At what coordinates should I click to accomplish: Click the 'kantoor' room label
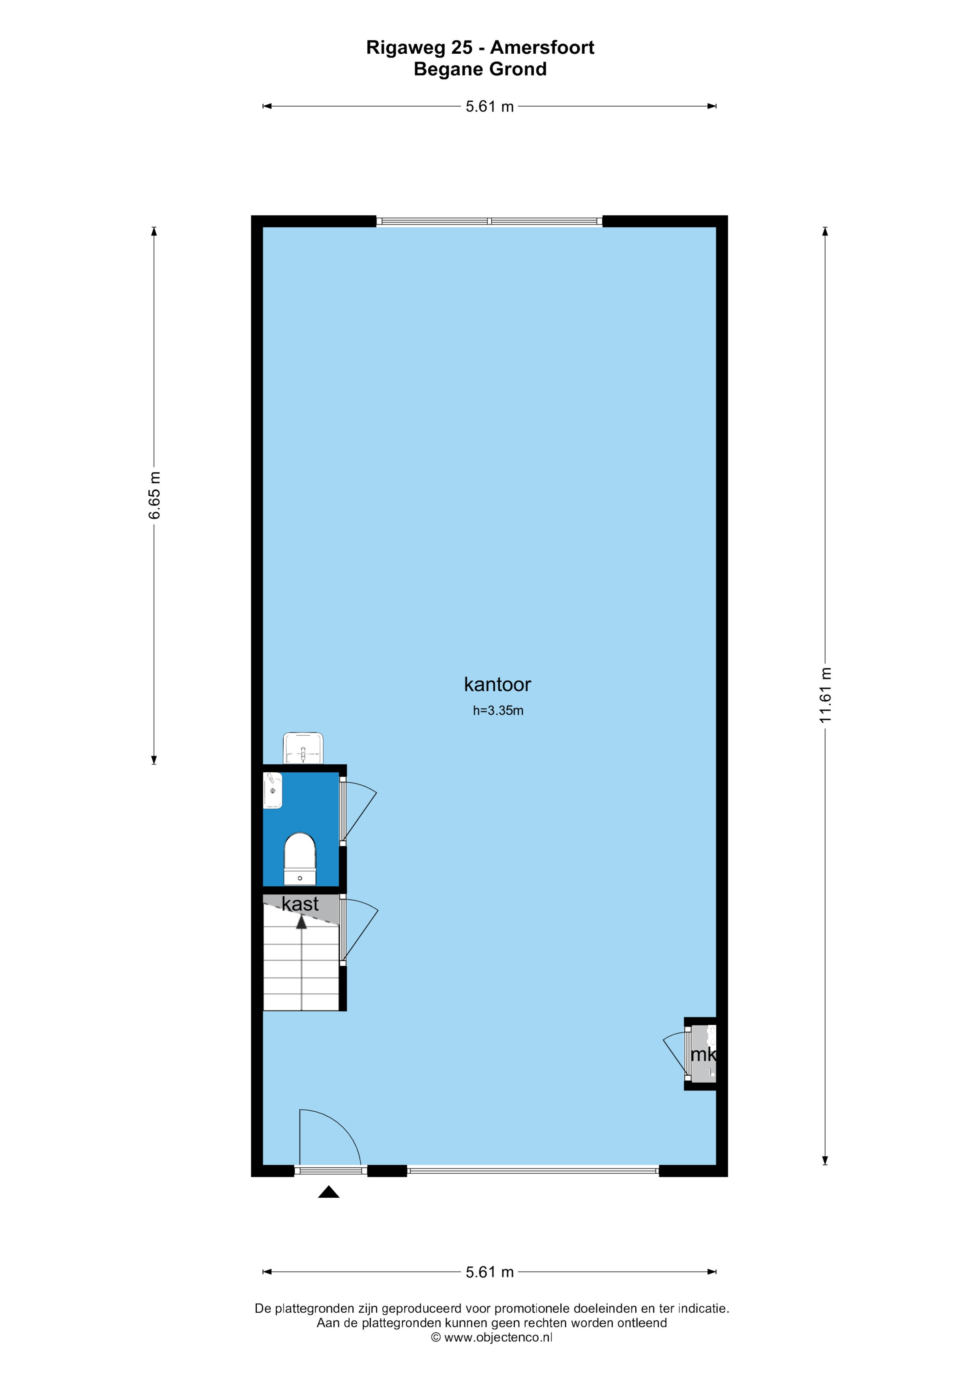click(497, 685)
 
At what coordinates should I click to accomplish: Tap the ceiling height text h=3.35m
click(498, 711)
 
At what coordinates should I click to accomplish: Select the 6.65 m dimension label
click(155, 495)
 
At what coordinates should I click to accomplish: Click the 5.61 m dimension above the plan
click(489, 107)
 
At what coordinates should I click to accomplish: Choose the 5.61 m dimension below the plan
click(489, 1272)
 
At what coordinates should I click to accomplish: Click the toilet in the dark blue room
click(300, 859)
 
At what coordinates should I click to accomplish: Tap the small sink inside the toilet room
click(273, 790)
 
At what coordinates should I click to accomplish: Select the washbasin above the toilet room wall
click(303, 748)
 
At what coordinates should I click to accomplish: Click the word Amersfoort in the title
click(542, 48)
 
